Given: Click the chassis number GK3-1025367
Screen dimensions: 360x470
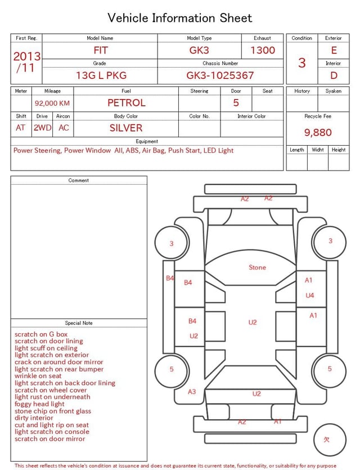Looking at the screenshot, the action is (x=220, y=75).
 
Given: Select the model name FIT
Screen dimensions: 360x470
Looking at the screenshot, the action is (x=101, y=50).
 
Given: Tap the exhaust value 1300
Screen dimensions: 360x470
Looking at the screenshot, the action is (x=263, y=50).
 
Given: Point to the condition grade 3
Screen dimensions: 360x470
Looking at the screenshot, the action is (x=302, y=62).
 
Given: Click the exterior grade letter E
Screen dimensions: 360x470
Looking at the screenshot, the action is (x=334, y=50).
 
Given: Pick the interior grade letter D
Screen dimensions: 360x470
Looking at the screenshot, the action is (x=334, y=75).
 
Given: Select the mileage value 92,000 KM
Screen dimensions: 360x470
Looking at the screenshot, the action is (x=52, y=104).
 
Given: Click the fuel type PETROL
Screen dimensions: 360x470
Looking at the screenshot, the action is (x=127, y=103).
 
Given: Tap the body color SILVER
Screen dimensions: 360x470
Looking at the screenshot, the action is (x=126, y=128).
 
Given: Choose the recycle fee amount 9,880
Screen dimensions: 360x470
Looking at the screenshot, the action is (x=318, y=132).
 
